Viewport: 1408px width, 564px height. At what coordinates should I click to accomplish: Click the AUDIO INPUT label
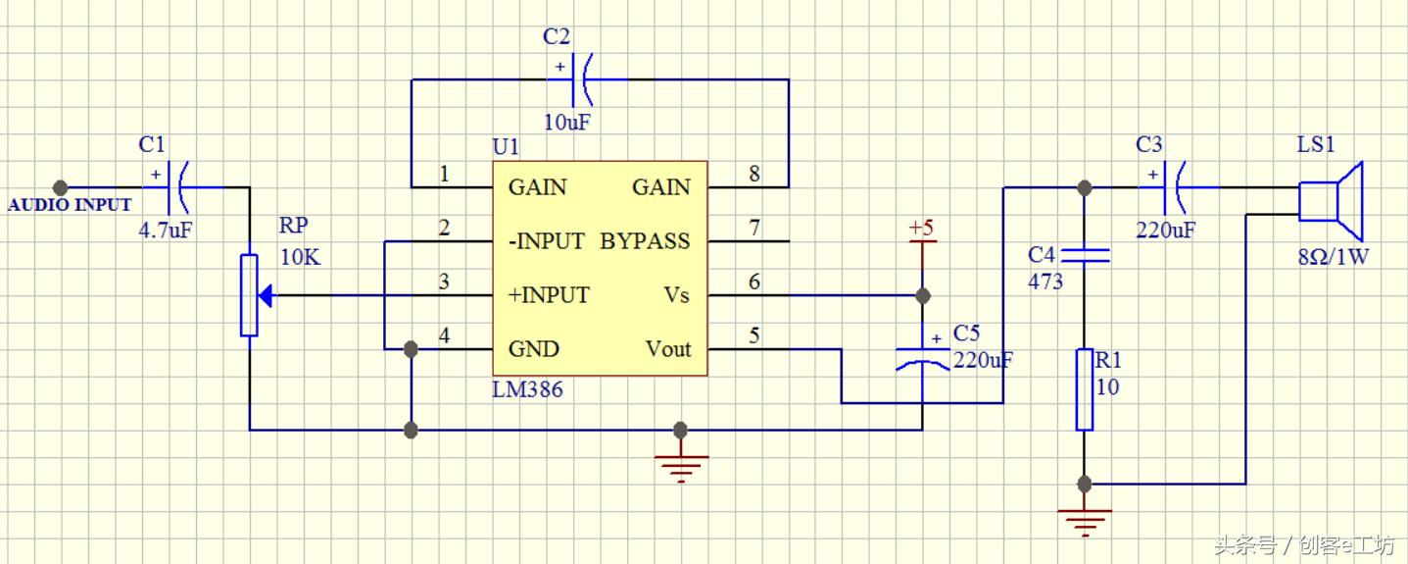(x=70, y=205)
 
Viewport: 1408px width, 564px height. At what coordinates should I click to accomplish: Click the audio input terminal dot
(x=60, y=186)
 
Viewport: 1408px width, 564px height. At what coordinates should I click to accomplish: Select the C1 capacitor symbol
(x=177, y=186)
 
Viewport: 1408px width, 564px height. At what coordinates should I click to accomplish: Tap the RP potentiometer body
(x=250, y=294)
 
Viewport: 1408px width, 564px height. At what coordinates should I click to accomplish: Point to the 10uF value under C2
(x=569, y=123)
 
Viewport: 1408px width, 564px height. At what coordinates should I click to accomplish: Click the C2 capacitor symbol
(x=582, y=79)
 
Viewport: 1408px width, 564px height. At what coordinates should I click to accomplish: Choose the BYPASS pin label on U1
(x=645, y=241)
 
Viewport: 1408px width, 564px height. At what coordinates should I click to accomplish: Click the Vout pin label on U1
(x=668, y=349)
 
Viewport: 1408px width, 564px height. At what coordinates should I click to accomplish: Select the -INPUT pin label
(x=546, y=241)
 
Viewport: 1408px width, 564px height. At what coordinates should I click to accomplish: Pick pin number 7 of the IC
(x=753, y=229)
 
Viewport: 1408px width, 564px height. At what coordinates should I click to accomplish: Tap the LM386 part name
(x=527, y=389)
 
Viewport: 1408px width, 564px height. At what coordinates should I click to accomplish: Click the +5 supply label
(x=921, y=229)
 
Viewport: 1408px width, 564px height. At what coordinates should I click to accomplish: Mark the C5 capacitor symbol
(x=922, y=357)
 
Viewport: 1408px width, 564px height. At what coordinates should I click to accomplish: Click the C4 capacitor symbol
(x=1084, y=255)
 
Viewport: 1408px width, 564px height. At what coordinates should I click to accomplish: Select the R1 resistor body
(x=1084, y=388)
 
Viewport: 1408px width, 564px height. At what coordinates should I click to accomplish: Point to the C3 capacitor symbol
(x=1175, y=186)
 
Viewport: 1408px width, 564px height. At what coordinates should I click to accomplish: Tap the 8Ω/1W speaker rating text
(x=1333, y=258)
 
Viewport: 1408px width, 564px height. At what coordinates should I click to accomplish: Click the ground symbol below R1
(x=1085, y=519)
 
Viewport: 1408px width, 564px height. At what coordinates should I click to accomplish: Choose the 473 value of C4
(x=1044, y=282)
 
